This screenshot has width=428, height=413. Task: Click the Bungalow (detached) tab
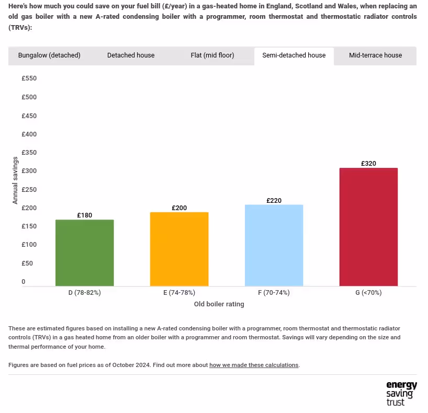click(x=49, y=55)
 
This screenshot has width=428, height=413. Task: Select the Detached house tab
click(x=131, y=55)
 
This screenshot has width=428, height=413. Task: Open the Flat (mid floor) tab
click(x=212, y=55)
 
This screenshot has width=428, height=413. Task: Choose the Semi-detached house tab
click(x=294, y=55)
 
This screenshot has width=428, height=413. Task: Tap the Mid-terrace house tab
click(x=376, y=55)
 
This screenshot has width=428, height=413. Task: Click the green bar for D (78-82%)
click(x=85, y=253)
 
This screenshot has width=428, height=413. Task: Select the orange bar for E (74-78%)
click(x=179, y=249)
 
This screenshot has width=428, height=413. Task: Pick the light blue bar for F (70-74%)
click(x=274, y=246)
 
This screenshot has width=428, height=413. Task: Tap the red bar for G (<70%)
click(x=368, y=227)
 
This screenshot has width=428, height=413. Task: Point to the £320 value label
click(x=368, y=164)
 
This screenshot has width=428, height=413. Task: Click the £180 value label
click(x=85, y=215)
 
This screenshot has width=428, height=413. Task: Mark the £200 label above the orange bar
click(x=179, y=208)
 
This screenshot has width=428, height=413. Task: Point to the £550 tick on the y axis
click(x=29, y=78)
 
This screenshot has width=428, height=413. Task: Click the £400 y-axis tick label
click(x=29, y=134)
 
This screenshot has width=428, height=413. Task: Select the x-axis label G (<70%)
click(x=368, y=293)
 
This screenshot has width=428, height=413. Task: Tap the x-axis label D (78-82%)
click(x=85, y=293)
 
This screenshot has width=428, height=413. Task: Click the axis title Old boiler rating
click(x=219, y=304)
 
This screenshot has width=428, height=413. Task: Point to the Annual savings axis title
click(x=15, y=180)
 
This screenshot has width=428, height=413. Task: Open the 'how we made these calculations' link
click(x=254, y=365)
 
